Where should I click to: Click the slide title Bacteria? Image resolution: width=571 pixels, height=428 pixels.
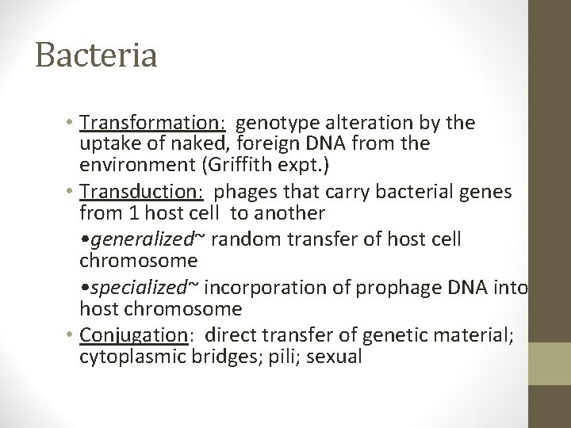click(96, 55)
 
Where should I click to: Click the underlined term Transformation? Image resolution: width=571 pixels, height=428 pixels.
click(152, 123)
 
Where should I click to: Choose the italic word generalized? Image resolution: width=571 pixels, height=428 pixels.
click(136, 239)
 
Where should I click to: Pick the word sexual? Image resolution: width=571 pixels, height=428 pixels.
click(334, 357)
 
